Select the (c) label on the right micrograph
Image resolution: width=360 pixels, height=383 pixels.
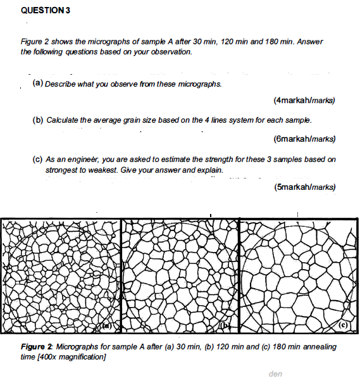coord(344,325)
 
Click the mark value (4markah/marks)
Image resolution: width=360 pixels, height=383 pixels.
coord(304,101)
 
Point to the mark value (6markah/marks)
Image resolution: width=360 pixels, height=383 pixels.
coord(304,138)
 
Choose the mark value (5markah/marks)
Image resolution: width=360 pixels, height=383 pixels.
coord(304,187)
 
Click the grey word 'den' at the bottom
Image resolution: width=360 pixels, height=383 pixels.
coord(275,374)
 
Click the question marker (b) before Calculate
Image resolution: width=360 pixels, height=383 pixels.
coord(38,120)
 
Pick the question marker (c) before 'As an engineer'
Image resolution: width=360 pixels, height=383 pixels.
coord(37,160)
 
